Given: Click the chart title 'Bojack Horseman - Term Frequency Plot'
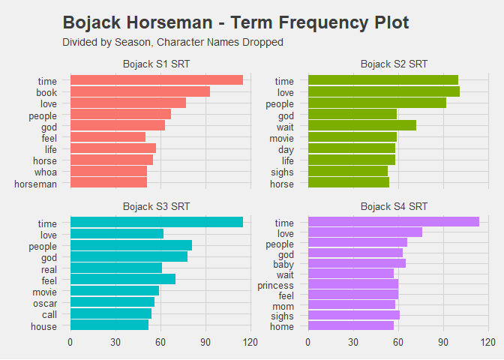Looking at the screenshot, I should tap(235, 22).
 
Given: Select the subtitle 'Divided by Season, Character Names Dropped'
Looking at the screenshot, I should tap(172, 43).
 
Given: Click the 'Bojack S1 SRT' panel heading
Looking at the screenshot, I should tap(156, 64).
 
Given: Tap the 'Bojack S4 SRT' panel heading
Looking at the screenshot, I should tap(394, 206).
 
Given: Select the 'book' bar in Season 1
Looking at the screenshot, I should tap(139, 91).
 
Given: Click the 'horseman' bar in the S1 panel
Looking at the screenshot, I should tap(108, 183).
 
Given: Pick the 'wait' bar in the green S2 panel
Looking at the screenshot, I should tap(361, 126).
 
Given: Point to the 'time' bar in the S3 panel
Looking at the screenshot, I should tap(156, 222).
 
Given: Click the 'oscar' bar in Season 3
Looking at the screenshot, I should tap(112, 302).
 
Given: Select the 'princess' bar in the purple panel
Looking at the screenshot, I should tap(352, 285).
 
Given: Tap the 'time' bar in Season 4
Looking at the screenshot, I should tap(393, 222).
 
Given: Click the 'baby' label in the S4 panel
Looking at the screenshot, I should tap(283, 263).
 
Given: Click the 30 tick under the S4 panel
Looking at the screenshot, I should tap(352, 343).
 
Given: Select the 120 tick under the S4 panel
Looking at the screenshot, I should tap(488, 343).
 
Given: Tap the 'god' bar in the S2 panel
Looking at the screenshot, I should tap(352, 115).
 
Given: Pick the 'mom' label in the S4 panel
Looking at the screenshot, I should tap(284, 304).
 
